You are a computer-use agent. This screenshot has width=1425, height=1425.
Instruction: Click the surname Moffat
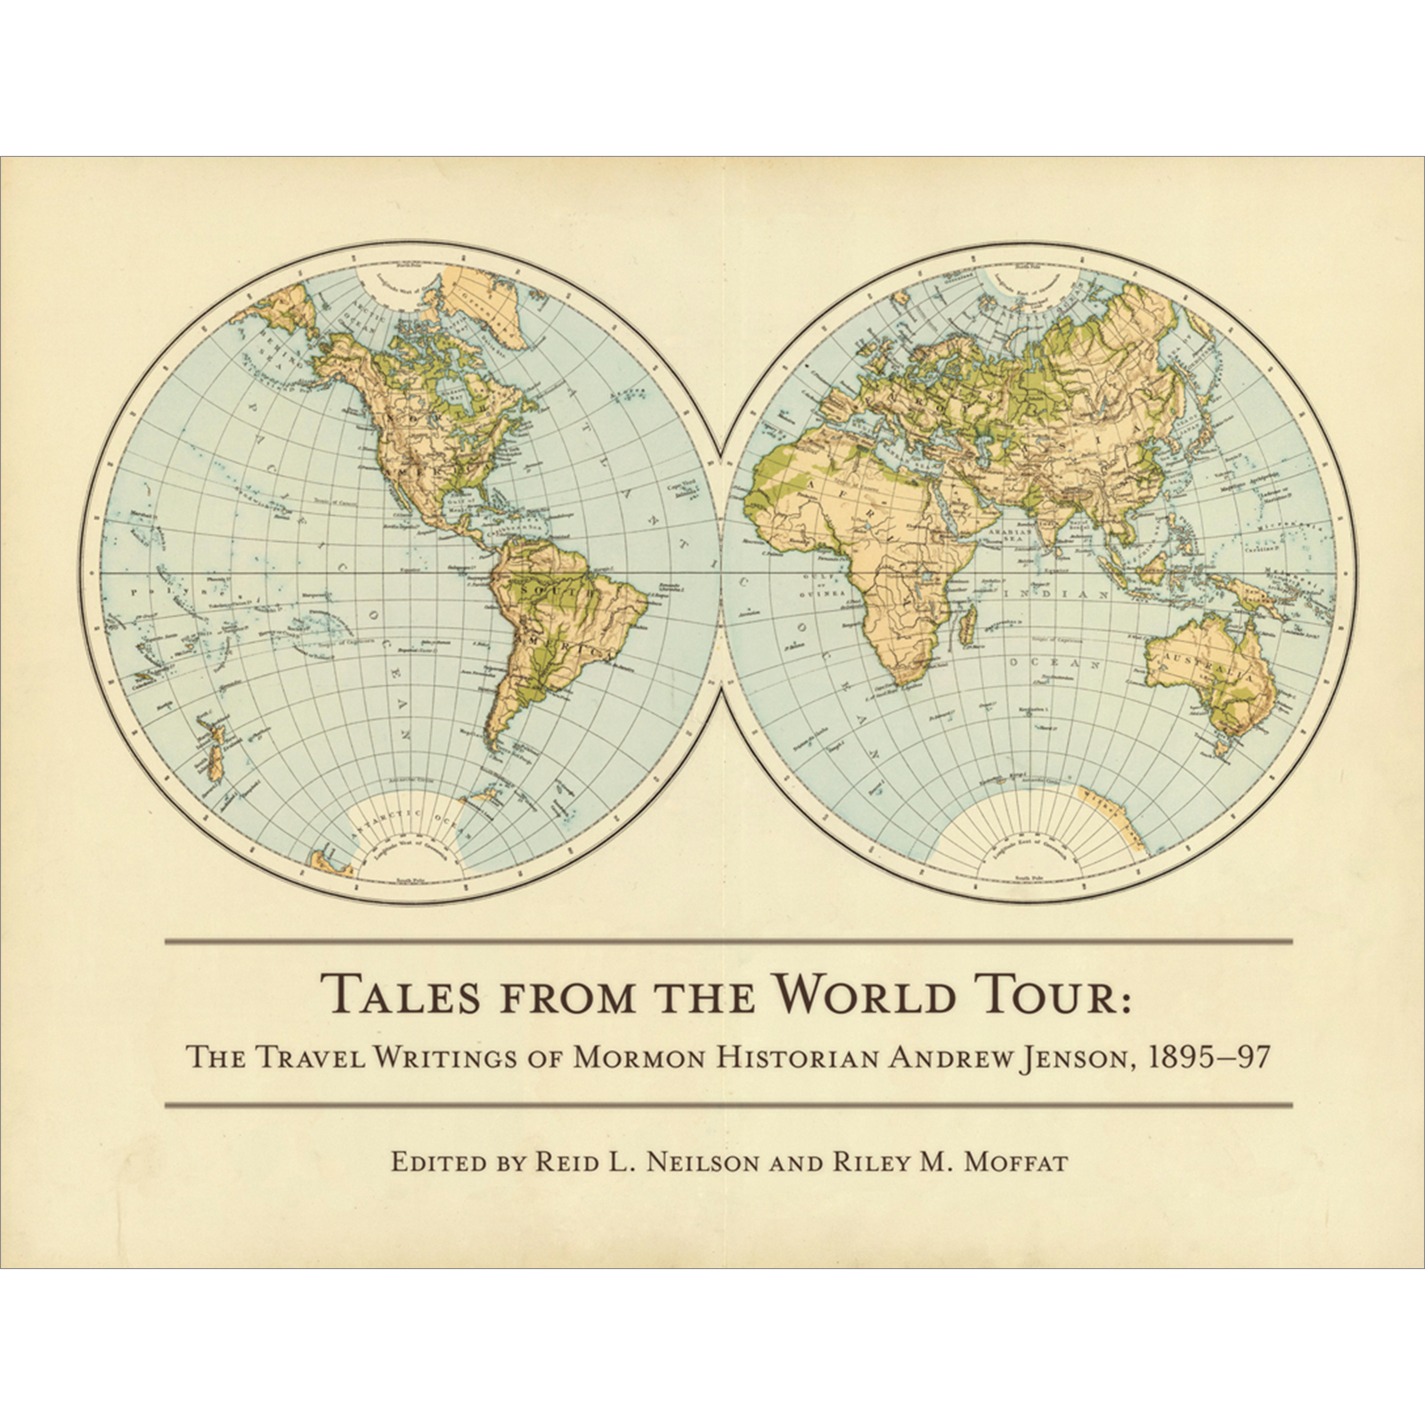tap(1014, 1162)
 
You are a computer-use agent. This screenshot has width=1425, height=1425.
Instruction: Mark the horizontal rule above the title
tap(729, 941)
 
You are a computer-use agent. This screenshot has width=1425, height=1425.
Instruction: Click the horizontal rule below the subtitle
tap(729, 1105)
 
